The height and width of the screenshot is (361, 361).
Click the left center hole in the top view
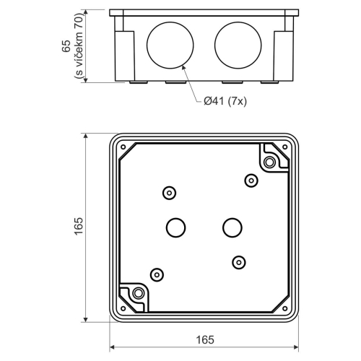175,228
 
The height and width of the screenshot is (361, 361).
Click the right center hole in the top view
232,228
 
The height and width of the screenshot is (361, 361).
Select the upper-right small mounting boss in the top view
251,180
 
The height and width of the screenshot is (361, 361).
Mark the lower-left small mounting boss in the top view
155,274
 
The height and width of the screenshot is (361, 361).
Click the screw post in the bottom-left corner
137,293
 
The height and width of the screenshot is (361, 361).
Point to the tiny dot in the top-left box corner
123,148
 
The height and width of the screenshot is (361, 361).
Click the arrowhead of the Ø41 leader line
184,66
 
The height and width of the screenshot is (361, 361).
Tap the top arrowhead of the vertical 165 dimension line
87,136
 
